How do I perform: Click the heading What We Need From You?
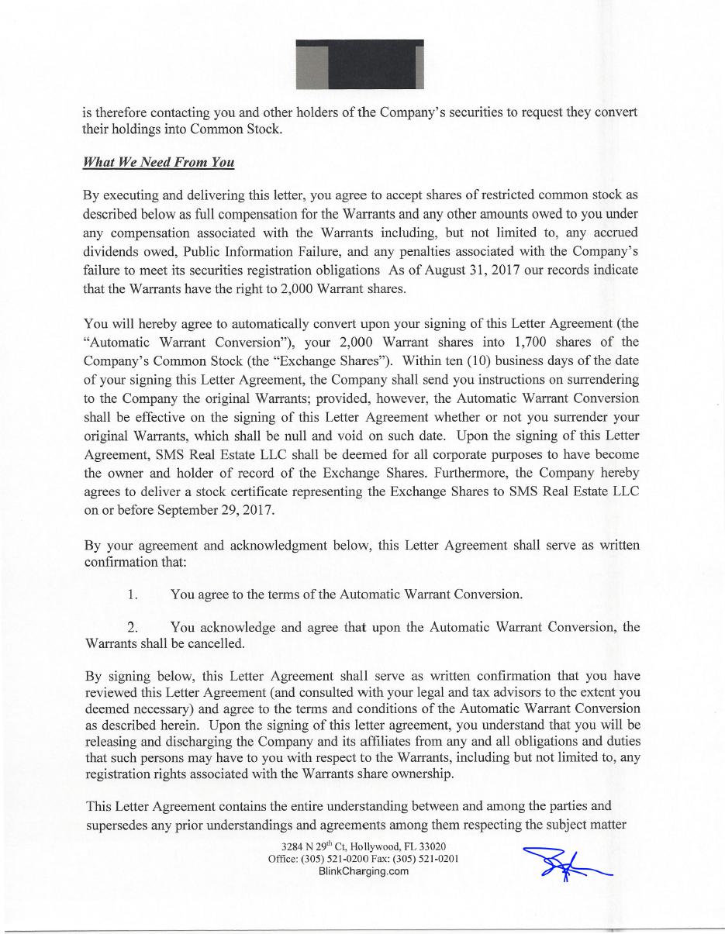158,163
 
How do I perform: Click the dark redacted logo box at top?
360,64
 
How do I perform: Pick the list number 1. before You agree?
133,595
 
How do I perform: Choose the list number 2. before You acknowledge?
133,627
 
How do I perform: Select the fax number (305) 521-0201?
424,858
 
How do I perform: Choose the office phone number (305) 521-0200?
334,858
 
